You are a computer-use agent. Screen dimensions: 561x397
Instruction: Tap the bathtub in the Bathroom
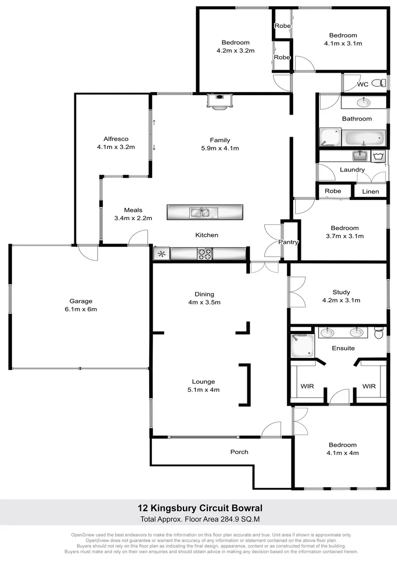pos(364,138)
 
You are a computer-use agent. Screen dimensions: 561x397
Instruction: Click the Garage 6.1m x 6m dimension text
pos(81,309)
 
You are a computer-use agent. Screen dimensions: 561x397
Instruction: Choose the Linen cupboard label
pos(370,192)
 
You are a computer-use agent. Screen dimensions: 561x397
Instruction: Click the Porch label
pos(239,452)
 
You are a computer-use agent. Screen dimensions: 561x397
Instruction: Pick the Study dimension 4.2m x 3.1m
pos(341,300)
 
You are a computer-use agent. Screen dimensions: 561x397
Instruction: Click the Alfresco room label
pos(115,139)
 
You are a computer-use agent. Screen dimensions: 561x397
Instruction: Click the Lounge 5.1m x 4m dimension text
pos(203,390)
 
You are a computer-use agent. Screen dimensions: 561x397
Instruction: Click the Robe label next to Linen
pos(333,191)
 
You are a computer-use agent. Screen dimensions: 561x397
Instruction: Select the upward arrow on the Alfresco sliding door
pos(154,123)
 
